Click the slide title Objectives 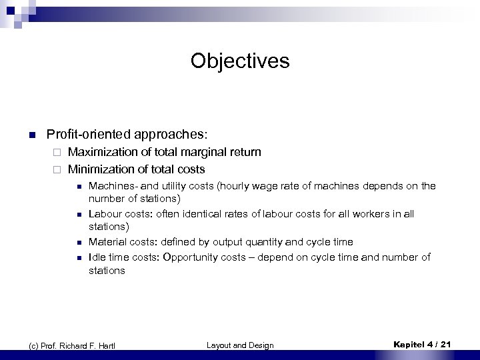click(240, 61)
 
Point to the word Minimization click(99, 169)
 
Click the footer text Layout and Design click(240, 345)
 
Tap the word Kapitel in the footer click(408, 344)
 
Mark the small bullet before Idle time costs click(78, 257)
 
